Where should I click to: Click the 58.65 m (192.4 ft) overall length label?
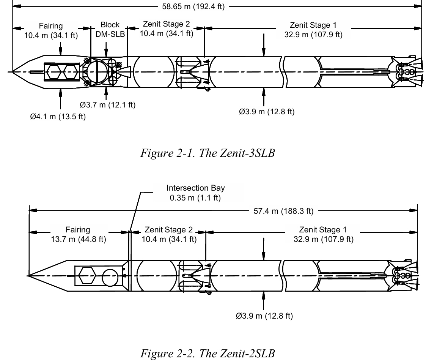pos(193,7)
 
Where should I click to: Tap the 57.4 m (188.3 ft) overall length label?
pos(283,211)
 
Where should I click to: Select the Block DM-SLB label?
pos(110,29)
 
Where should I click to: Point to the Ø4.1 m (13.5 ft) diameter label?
pos(58,117)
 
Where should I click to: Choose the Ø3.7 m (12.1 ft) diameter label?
pos(107,105)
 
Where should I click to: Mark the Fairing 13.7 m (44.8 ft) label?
pos(78,235)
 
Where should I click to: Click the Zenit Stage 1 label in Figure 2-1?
pos(313,30)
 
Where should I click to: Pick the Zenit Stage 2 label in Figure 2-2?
pos(169,234)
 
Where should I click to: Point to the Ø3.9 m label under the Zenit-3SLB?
pos(266,112)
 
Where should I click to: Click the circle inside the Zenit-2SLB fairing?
pos(110,275)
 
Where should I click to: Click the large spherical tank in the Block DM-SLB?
pos(97,71)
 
